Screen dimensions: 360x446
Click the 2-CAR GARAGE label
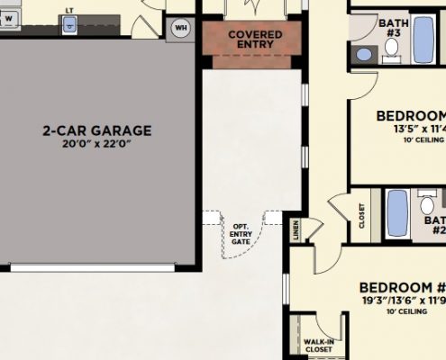click(96, 130)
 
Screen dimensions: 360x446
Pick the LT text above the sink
click(69, 12)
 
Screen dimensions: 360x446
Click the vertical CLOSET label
click(362, 216)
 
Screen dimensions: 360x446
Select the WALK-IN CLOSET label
click(318, 346)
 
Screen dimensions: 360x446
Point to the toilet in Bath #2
click(429, 206)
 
